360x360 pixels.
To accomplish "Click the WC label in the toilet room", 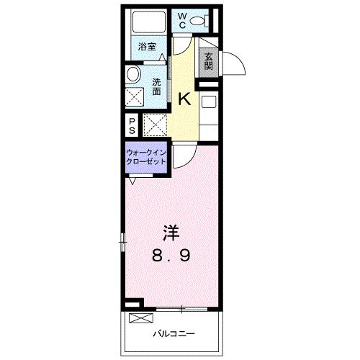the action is pos(182,21).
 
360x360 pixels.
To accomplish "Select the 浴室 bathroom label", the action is pos(147,47).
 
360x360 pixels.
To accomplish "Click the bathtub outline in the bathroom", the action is pos(149,22).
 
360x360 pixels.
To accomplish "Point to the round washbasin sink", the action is pos(133,74).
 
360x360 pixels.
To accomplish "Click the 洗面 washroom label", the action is pos(156,87).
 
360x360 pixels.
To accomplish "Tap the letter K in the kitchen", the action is pos(184,99).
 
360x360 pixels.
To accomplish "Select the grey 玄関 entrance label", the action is pos(208,61).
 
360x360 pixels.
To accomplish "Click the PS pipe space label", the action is pos(132,127).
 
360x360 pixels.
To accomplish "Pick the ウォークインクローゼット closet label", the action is pos(146,157).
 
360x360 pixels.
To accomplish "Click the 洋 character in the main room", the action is pos(171,233).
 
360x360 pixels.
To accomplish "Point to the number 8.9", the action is pos(171,255).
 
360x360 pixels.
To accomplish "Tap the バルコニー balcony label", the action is pos(174,333).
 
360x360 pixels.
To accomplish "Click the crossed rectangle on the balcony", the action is pos(141,318).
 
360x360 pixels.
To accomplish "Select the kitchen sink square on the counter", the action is pos(208,102).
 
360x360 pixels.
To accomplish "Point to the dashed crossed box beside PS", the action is pos(155,125).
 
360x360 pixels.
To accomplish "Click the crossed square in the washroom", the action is pos(135,97).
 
